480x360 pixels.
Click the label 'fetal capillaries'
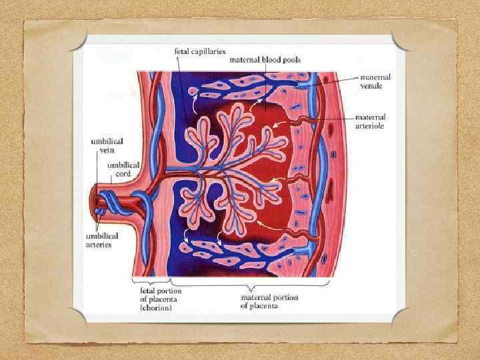tap(199, 51)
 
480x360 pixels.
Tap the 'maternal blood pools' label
tap(265, 60)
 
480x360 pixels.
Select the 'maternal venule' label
tap(375, 81)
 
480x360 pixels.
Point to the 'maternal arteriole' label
tap(370, 122)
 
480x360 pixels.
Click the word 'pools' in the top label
tap(289, 60)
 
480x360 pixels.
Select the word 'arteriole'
tap(370, 126)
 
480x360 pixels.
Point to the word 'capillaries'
tap(209, 51)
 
